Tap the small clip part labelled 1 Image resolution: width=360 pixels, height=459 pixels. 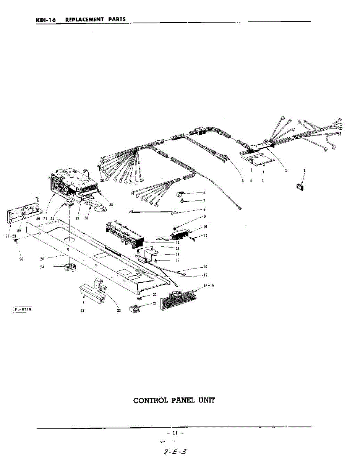300,187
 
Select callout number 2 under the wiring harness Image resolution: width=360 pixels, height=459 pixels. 285,171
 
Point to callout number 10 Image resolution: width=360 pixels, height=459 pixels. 205,227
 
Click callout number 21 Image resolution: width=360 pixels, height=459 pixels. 154,303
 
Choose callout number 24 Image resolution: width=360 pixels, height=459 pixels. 42,267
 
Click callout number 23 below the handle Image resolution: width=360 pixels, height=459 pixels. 82,311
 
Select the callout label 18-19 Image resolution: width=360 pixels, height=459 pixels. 209,286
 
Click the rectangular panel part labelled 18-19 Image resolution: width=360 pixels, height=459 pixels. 178,300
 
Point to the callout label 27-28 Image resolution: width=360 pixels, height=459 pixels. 11,236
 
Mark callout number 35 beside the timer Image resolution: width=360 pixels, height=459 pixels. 111,205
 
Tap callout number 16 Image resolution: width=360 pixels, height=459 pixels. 205,267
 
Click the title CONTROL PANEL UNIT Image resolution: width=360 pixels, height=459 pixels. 174,400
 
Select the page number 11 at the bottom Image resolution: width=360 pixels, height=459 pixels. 175,433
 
